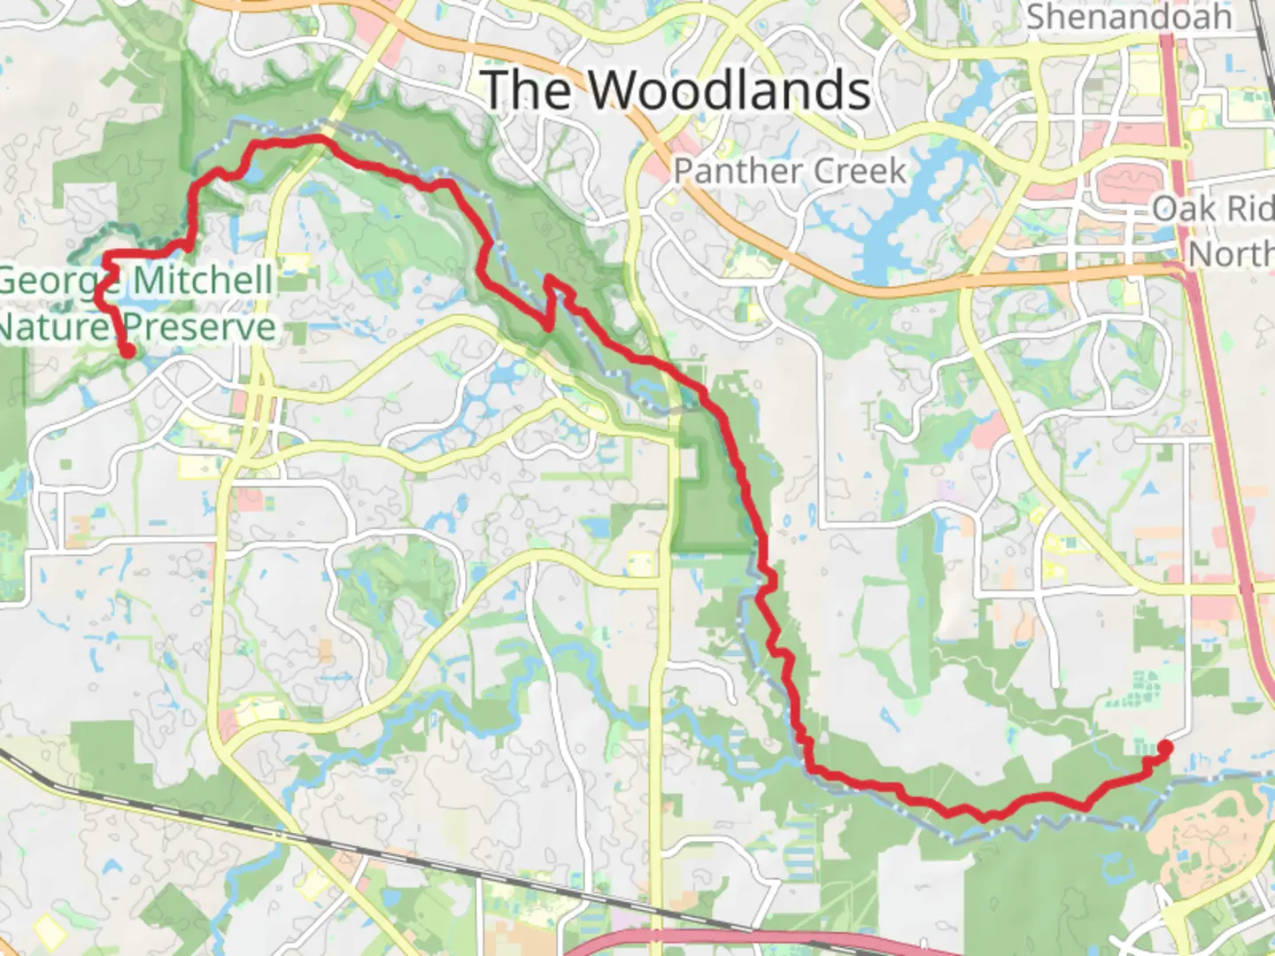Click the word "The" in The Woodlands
(528, 90)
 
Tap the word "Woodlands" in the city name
(730, 90)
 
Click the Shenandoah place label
(1128, 16)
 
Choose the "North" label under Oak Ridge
(1231, 254)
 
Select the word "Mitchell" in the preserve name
(204, 281)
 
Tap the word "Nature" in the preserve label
(53, 328)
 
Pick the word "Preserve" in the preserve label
(200, 328)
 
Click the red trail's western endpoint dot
(128, 351)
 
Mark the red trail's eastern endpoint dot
(1165, 748)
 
